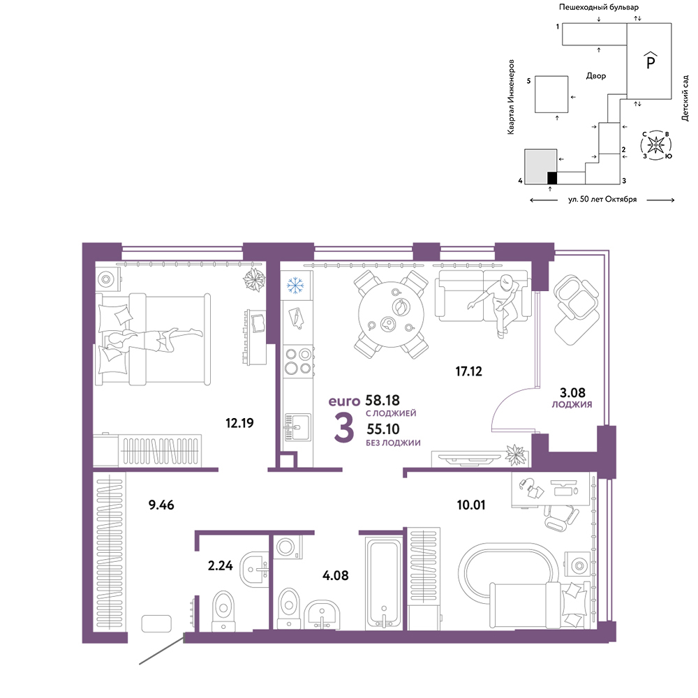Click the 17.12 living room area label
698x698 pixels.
[468, 371]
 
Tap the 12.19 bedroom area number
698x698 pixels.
[239, 423]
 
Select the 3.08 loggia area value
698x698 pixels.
[572, 392]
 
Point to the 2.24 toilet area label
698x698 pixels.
[221, 565]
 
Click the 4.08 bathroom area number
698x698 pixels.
[335, 575]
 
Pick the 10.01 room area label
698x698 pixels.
[471, 505]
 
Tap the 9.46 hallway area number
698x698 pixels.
[161, 505]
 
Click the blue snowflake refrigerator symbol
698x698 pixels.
[295, 285]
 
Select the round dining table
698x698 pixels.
[392, 314]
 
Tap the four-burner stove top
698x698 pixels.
[298, 362]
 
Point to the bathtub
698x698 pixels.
[383, 584]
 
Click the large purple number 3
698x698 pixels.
[344, 428]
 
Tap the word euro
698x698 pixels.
[344, 401]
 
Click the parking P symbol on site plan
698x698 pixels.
[651, 60]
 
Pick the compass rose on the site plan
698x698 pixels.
[656, 144]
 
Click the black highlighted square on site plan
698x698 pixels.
[552, 177]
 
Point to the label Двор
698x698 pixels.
[595, 76]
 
